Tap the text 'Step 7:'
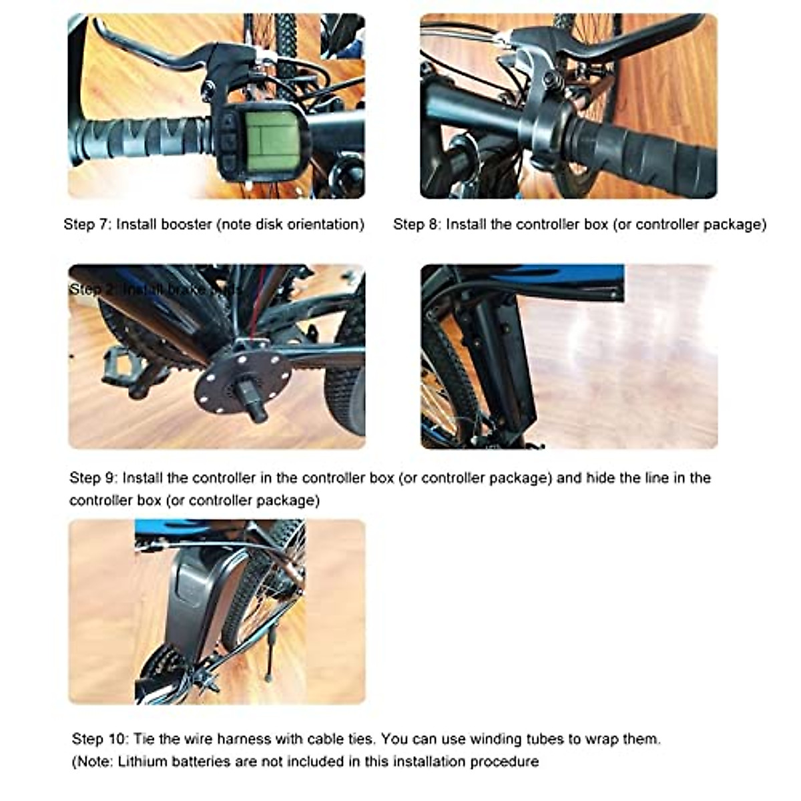(x=87, y=224)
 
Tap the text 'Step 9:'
(x=93, y=478)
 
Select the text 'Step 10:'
(x=99, y=739)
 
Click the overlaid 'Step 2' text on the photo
(x=93, y=290)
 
